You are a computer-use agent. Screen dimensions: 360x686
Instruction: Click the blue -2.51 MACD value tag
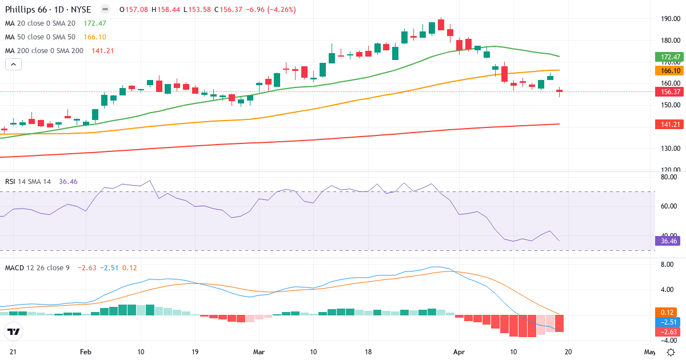[x=667, y=322]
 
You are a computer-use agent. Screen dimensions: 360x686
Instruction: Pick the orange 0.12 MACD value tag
[x=667, y=313]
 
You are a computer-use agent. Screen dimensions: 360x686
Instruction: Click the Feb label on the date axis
[x=86, y=351]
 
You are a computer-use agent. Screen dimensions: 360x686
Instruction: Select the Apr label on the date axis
[x=458, y=351]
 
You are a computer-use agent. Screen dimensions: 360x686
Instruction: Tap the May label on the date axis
[x=649, y=351]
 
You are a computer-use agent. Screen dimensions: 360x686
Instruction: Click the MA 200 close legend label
[x=45, y=50]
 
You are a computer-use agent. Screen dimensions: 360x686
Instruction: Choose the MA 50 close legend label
[x=41, y=37]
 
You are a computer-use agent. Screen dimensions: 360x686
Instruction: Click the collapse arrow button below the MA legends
[x=13, y=64]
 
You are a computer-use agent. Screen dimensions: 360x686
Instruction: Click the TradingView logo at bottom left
[x=13, y=331]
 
